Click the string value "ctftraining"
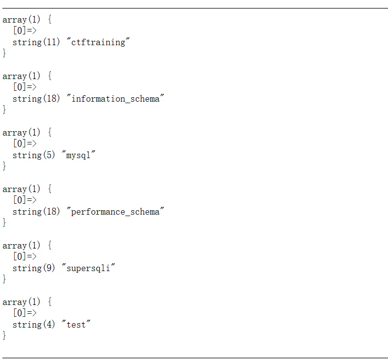click(98, 42)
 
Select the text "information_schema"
click(115, 99)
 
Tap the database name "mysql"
click(78, 155)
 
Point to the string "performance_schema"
click(115, 212)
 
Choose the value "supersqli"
click(88, 268)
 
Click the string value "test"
click(76, 325)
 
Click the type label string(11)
click(36, 42)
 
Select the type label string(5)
click(34, 155)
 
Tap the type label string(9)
click(34, 268)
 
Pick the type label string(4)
click(34, 324)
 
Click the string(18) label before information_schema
click(36, 99)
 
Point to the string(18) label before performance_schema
click(36, 212)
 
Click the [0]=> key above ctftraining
click(25, 30)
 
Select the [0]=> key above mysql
click(25, 143)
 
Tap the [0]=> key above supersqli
click(25, 256)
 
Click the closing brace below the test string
click(4, 335)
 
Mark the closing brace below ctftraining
click(4, 53)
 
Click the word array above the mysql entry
click(14, 133)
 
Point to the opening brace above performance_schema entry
click(50, 189)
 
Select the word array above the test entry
click(14, 302)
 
